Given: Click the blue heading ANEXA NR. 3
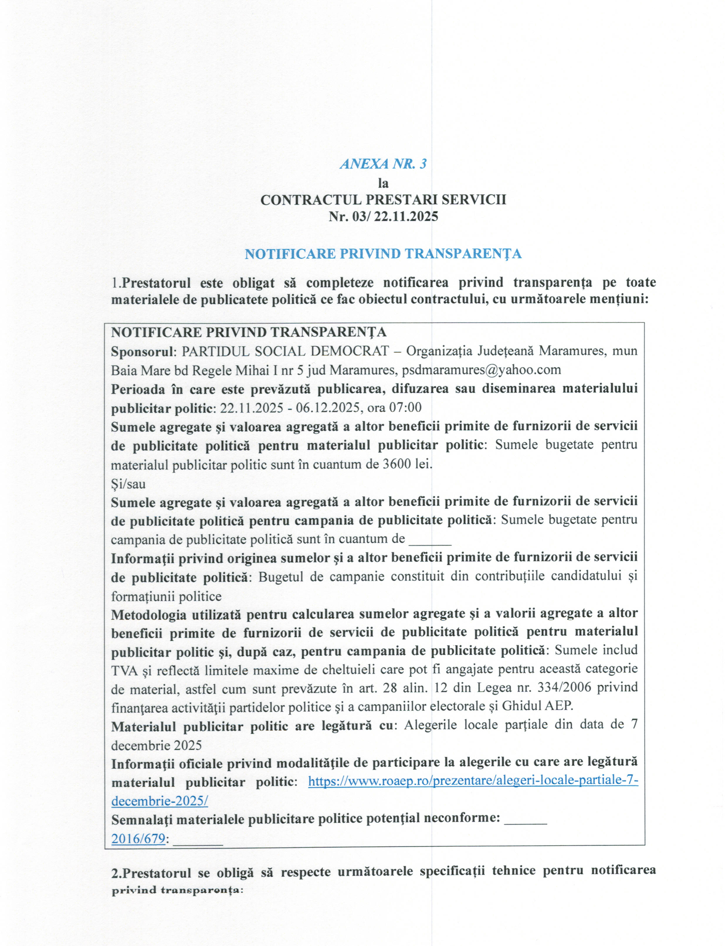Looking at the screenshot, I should click(383, 164).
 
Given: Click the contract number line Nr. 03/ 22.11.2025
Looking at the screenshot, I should click(383, 216).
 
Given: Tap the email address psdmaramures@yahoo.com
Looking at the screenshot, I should click(481, 370).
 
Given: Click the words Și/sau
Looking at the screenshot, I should click(128, 484).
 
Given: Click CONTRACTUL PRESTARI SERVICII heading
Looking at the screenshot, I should click(383, 200).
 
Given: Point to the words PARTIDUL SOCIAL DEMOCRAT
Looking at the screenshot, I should click(285, 351).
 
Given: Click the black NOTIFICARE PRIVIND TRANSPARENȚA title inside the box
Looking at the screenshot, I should click(248, 332).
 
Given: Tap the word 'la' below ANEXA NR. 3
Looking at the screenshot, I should click(383, 183).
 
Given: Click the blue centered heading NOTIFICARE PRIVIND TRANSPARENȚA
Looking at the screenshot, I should click(383, 254).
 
